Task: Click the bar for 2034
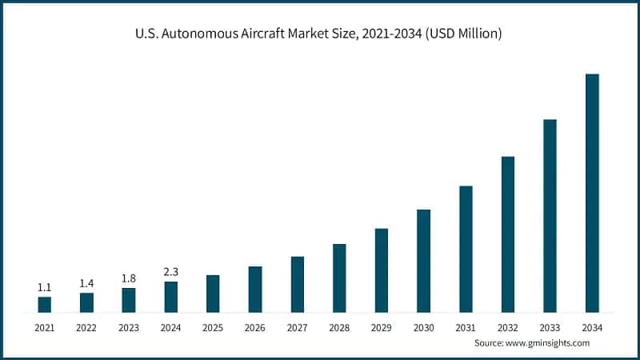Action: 592,193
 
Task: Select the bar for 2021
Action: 45,304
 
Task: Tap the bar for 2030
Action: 424,261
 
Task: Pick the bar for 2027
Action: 298,284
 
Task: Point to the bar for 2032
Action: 508,234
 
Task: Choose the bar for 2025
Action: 213,294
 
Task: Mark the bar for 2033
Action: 550,215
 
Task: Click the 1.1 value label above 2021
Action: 45,287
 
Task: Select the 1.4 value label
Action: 86,283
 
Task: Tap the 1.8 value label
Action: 129,278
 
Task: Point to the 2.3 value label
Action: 171,272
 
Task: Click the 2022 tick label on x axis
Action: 86,327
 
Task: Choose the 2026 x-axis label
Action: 255,327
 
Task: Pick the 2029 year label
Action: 382,327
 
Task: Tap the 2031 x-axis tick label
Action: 466,327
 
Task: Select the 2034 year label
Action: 592,327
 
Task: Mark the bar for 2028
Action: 339,278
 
